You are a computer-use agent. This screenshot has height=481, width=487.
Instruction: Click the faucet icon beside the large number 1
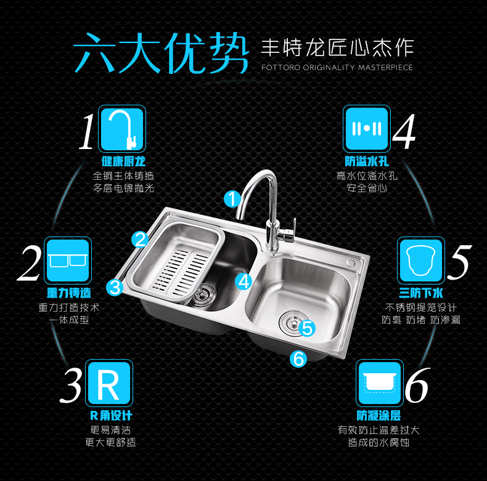tap(121, 128)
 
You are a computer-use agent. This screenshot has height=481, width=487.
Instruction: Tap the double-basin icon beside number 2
tap(68, 260)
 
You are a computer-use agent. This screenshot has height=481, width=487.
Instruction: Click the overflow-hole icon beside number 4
tap(367, 128)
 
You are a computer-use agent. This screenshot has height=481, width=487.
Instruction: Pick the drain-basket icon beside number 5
tap(420, 260)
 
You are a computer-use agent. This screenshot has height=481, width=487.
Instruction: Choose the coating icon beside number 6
tap(379, 383)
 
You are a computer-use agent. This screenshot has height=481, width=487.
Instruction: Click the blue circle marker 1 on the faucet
tap(232, 198)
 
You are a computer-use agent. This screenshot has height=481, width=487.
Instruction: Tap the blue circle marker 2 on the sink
tap(140, 240)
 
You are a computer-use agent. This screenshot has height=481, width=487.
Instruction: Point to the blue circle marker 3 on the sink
tap(115, 286)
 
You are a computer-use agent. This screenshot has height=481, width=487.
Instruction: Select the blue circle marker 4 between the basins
tap(244, 281)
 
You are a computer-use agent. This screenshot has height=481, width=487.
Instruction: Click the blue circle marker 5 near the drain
tap(308, 328)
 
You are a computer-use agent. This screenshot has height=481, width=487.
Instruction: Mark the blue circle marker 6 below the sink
tap(298, 358)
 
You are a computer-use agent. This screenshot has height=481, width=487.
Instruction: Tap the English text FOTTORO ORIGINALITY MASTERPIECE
tap(337, 67)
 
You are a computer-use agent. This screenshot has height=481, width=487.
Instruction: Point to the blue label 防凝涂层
tap(378, 416)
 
